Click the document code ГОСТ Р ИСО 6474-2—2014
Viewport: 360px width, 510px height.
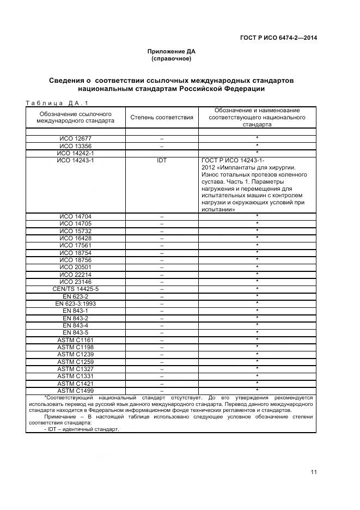pyautogui.click(x=278, y=38)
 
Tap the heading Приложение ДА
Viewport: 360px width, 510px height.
pyautogui.click(x=171, y=51)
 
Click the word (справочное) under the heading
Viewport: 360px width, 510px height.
pyautogui.click(x=171, y=58)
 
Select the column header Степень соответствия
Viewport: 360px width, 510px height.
pyautogui.click(x=162, y=117)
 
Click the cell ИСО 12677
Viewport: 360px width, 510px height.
pyautogui.click(x=76, y=139)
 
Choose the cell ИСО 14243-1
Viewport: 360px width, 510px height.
pyautogui.click(x=76, y=161)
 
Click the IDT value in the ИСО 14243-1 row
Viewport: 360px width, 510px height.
pyautogui.click(x=162, y=161)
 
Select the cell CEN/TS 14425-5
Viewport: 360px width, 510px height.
pyautogui.click(x=76, y=289)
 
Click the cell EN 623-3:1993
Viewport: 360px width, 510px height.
pyautogui.click(x=76, y=303)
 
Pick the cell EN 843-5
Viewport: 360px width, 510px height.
pyautogui.click(x=76, y=332)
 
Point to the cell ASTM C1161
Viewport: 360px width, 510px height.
pyautogui.click(x=76, y=340)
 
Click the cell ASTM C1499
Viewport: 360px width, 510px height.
pyautogui.click(x=76, y=390)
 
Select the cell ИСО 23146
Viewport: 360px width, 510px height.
pyautogui.click(x=76, y=282)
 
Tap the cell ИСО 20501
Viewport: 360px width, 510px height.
pyautogui.click(x=76, y=267)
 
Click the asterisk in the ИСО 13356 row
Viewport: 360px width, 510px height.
pyautogui.click(x=257, y=146)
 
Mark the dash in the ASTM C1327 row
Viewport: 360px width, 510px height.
pyautogui.click(x=162, y=369)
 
